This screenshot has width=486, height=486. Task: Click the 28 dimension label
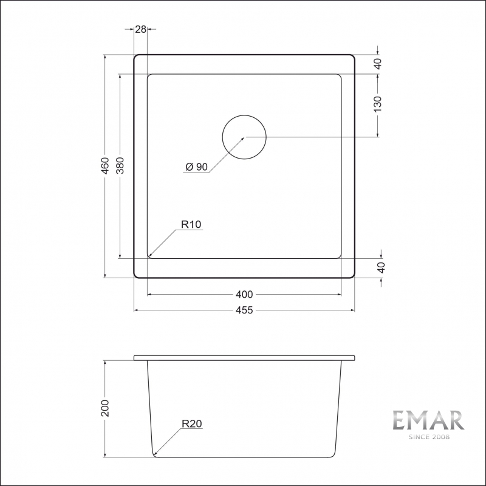140,29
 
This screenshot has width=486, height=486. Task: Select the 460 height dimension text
105,166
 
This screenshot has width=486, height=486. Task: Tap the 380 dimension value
120,165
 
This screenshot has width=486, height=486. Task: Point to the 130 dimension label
377,104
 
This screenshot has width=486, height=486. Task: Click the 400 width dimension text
244,294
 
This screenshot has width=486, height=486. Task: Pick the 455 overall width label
244,310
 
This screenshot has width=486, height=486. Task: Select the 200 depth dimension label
105,408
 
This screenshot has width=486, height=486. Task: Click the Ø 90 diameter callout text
196,166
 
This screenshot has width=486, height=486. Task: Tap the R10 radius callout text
191,224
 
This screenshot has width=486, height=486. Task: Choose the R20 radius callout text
192,423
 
